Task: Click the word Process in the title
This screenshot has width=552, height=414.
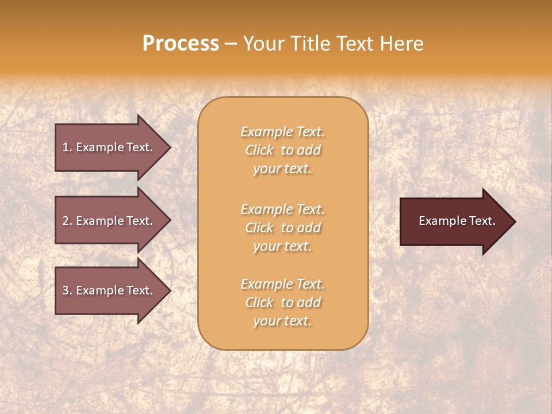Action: click(x=181, y=44)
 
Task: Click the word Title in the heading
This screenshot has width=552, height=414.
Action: click(x=309, y=44)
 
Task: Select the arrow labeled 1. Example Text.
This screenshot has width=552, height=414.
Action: click(x=109, y=147)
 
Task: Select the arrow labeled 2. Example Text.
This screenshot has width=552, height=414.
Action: click(x=109, y=221)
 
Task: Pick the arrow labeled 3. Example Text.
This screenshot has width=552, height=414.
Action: click(x=109, y=290)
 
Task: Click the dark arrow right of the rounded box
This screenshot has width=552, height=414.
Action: click(x=454, y=221)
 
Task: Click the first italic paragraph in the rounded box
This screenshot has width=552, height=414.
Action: click(x=282, y=150)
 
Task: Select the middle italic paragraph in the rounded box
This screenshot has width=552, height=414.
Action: click(x=282, y=228)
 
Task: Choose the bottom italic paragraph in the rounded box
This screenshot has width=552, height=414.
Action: click(x=282, y=302)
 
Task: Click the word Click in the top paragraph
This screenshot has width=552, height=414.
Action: click(x=259, y=150)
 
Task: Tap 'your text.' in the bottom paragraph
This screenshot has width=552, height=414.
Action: click(x=282, y=321)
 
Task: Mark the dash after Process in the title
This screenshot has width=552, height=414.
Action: click(x=231, y=44)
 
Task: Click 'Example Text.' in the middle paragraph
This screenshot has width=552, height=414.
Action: click(x=282, y=209)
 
